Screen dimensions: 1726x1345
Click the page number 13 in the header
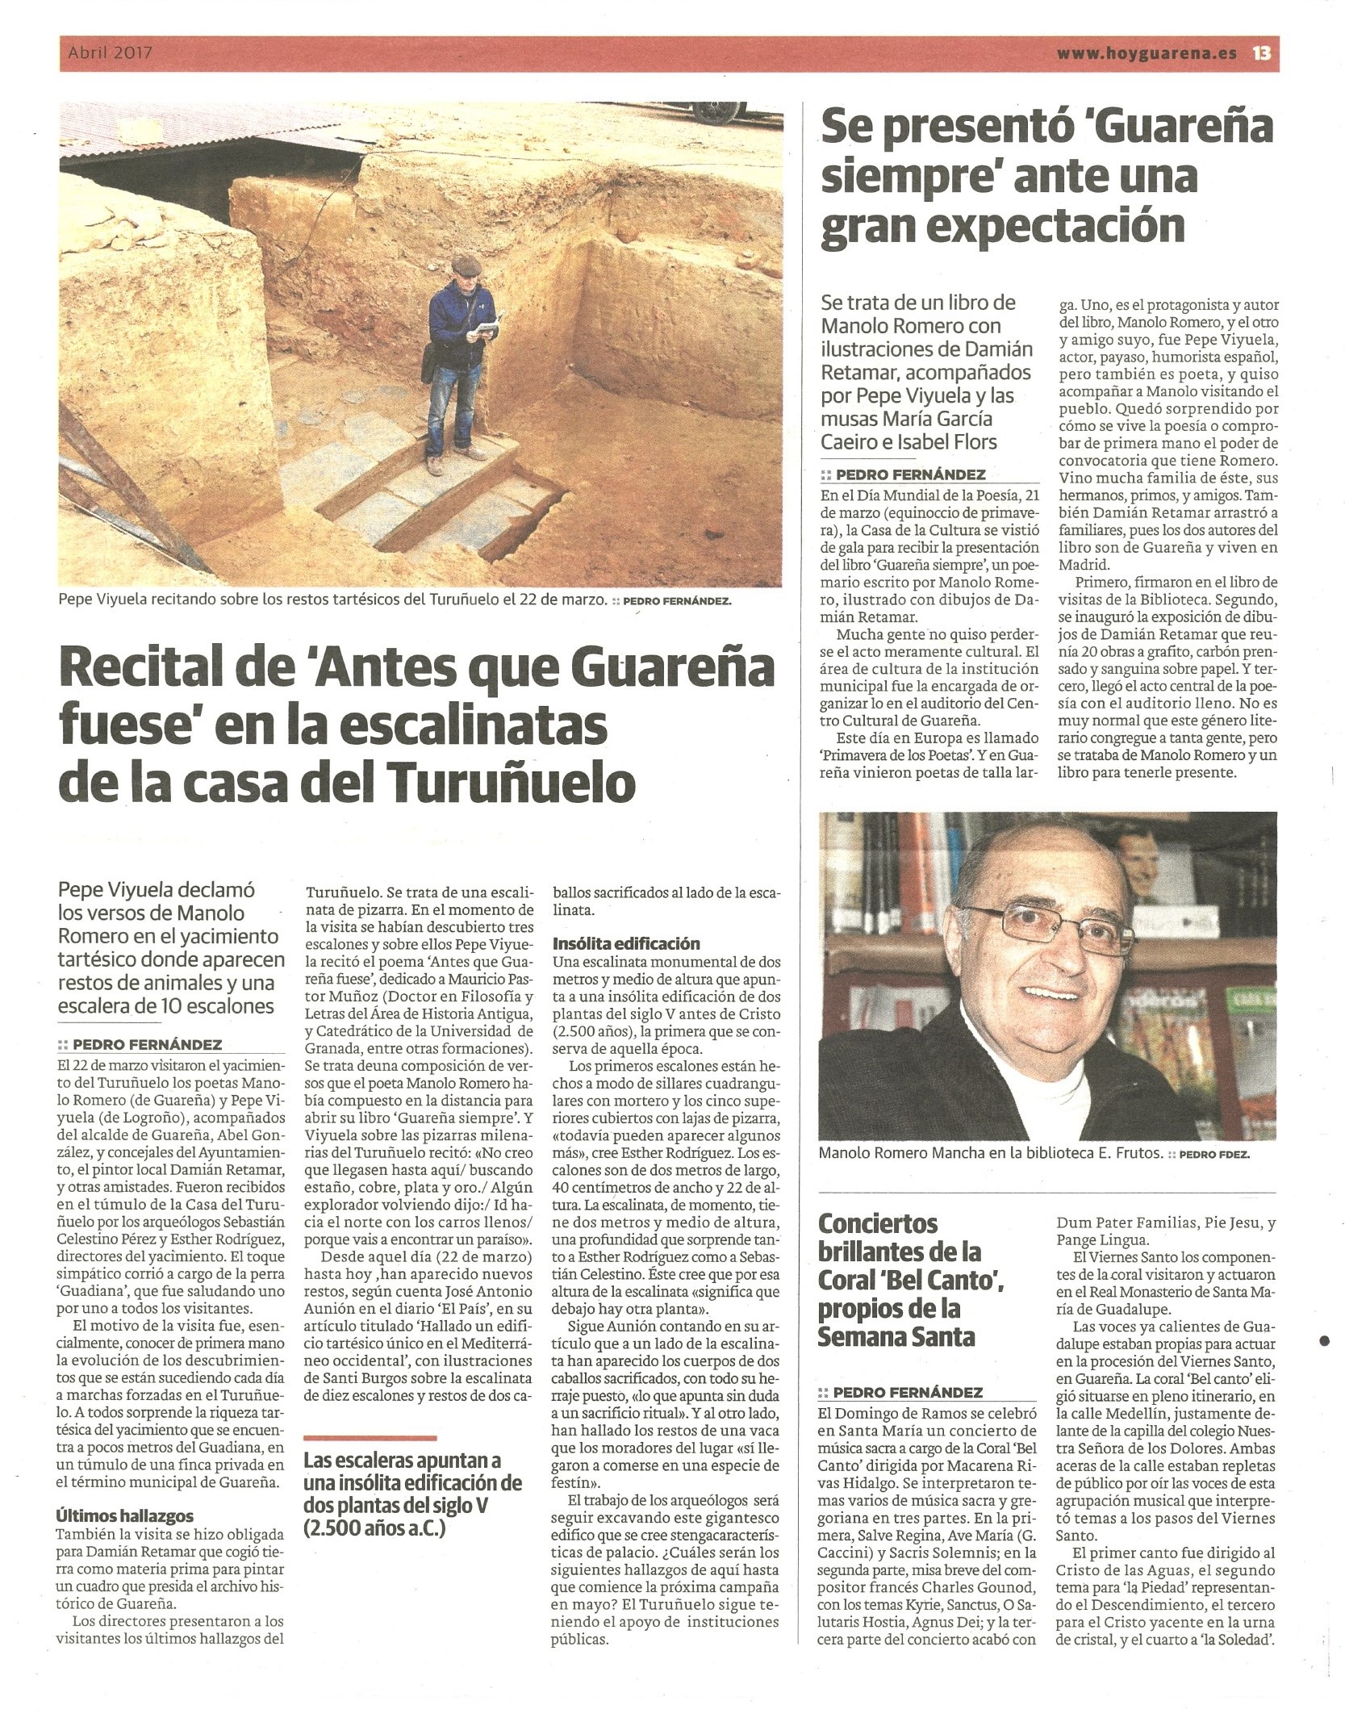(x=1262, y=54)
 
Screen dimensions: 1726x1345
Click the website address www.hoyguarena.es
(x=1147, y=54)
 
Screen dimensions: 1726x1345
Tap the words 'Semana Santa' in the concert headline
(x=896, y=1336)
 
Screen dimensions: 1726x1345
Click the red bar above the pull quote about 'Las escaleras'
(x=370, y=1438)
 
